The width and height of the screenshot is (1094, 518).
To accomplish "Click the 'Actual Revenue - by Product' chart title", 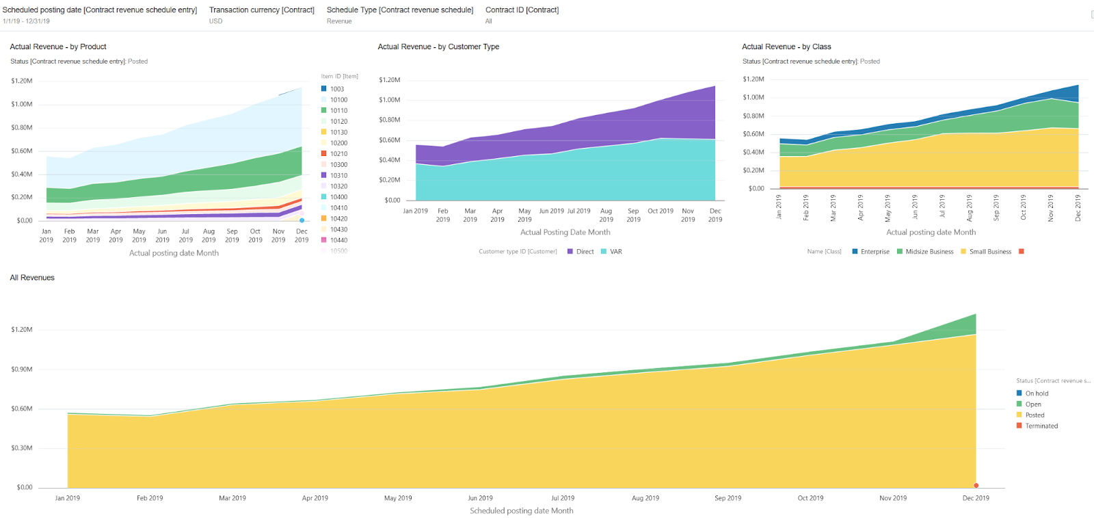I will (x=58, y=47).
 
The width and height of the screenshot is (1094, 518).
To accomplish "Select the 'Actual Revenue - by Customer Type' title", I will (x=438, y=47).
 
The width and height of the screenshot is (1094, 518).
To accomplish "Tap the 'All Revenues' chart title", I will (x=32, y=278).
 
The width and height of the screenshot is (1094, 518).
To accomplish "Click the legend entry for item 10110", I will (x=338, y=111).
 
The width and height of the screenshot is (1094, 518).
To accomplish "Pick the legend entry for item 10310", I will (x=338, y=176).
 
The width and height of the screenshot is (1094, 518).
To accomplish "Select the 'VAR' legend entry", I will (x=615, y=252).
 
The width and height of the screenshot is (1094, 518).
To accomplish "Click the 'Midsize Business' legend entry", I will (x=929, y=252).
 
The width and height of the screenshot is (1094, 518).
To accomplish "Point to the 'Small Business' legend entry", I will (x=990, y=252).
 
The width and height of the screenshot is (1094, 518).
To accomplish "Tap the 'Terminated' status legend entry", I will (x=1041, y=426).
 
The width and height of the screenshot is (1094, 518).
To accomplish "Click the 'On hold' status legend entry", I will (x=1037, y=393).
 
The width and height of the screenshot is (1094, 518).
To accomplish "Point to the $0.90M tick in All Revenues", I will (x=22, y=370).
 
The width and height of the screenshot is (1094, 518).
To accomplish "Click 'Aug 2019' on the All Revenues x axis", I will (x=645, y=498).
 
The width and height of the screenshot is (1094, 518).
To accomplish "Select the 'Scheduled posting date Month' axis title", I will (x=522, y=511).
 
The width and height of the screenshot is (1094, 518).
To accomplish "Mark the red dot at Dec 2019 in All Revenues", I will (x=976, y=486).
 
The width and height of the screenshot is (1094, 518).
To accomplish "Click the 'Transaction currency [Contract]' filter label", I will (x=262, y=10).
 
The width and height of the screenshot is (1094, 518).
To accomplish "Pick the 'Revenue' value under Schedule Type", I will (x=339, y=21).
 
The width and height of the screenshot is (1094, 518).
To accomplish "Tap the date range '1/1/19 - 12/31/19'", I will (x=26, y=21).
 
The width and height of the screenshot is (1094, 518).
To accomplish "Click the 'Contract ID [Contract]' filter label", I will (x=522, y=10).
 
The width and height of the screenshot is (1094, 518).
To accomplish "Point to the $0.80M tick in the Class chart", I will (x=753, y=116).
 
